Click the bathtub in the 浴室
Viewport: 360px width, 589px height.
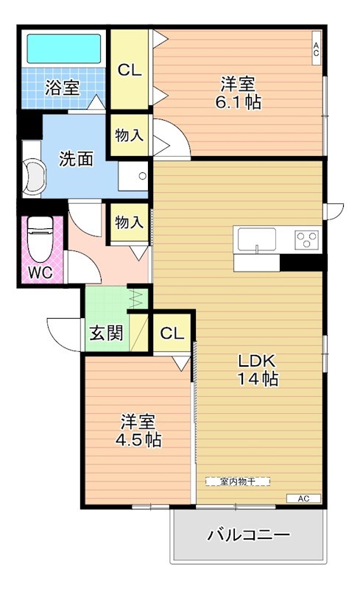(63, 49)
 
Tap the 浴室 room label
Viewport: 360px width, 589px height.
(62, 88)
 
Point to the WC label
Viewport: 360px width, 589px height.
(40, 272)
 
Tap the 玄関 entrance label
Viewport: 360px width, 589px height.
(105, 333)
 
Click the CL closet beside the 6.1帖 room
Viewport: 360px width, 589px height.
(130, 70)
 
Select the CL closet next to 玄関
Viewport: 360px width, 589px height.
(172, 333)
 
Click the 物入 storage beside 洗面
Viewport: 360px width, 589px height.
(130, 135)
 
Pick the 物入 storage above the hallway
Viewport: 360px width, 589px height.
(129, 222)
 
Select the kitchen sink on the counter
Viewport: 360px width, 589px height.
(255, 239)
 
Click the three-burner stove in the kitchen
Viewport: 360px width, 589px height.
(307, 239)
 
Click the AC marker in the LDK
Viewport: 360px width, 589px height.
(304, 498)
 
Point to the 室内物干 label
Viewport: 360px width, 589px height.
(237, 481)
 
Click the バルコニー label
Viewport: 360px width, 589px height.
(248, 535)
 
